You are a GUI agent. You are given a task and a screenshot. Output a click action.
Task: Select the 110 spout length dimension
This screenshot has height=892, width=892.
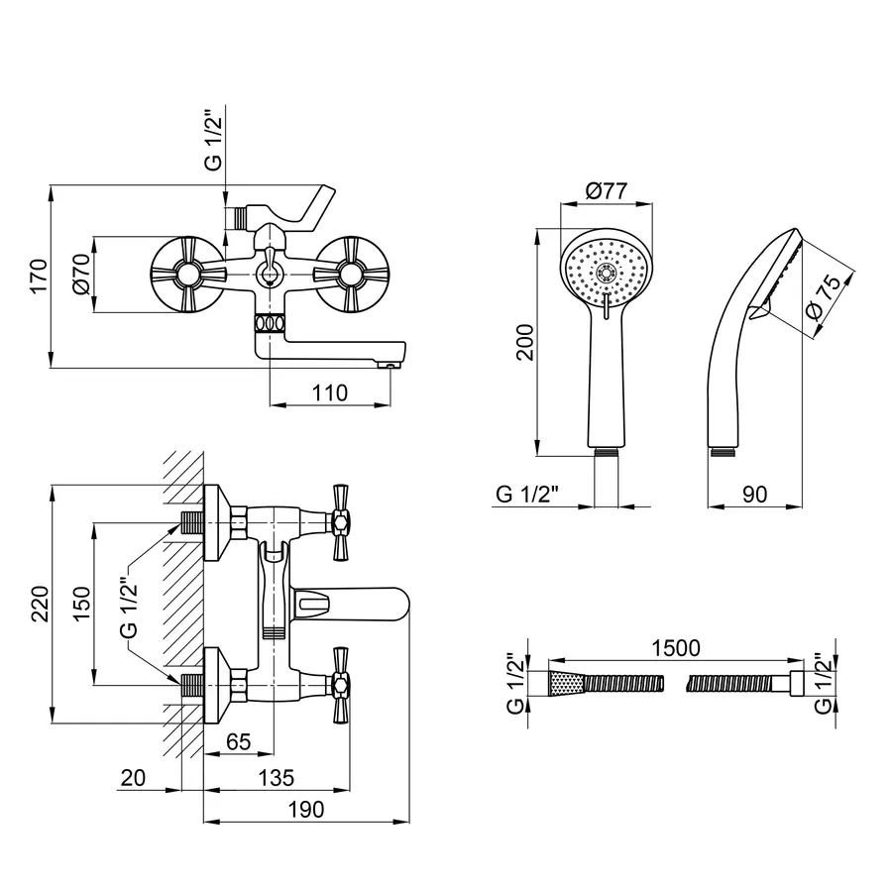click(328, 393)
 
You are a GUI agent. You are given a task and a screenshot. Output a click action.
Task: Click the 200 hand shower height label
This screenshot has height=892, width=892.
click(525, 342)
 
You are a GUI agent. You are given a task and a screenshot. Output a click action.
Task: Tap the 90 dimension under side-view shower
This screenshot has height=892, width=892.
click(755, 495)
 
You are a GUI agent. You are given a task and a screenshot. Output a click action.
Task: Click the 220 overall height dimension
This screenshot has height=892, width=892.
click(38, 603)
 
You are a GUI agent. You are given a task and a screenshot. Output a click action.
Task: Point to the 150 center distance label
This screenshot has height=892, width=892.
click(81, 602)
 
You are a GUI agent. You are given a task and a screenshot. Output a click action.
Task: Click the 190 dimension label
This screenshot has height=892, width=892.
click(306, 811)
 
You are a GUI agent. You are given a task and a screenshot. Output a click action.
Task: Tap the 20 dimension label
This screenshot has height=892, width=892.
click(131, 779)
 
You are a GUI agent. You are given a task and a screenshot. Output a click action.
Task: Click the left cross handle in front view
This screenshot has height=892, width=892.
click(183, 273)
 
